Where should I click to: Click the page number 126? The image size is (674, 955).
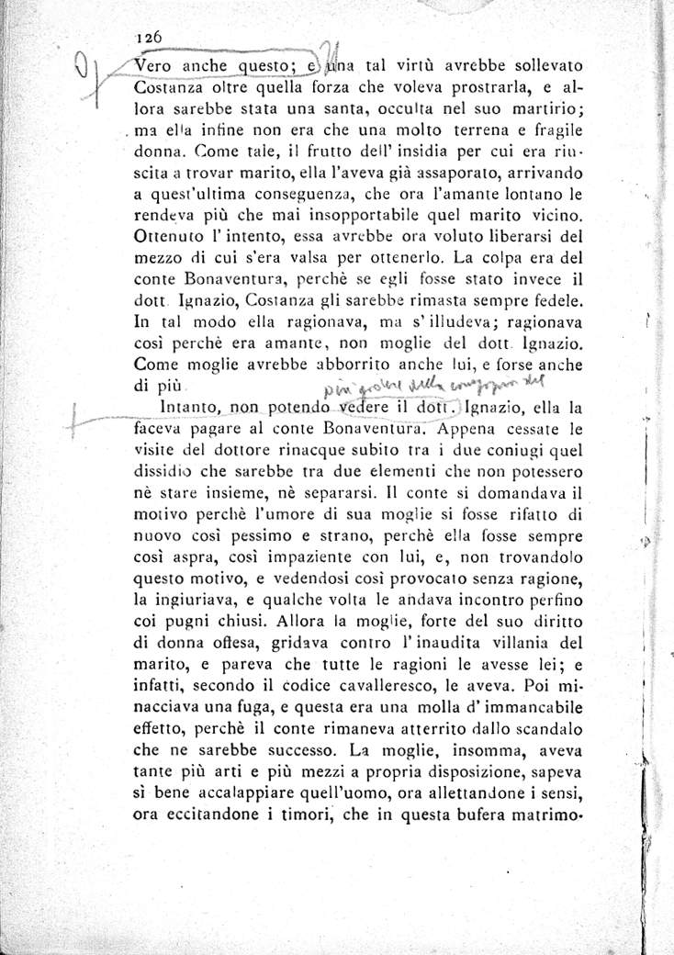pos(148,38)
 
